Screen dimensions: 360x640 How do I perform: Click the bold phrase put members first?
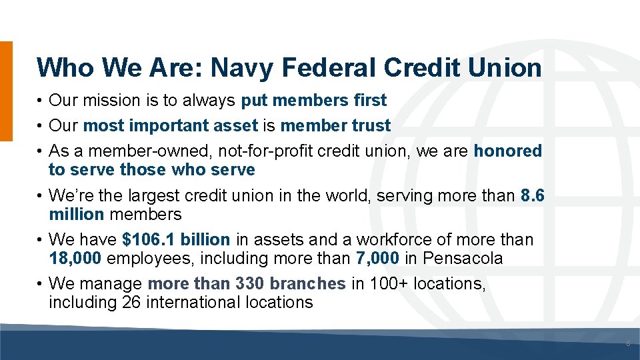tap(313, 101)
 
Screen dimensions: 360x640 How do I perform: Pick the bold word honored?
tap(507, 151)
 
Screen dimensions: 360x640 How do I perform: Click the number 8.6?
tap(532, 196)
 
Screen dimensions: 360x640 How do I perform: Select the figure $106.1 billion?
tap(176, 239)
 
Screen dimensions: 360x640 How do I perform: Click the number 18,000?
tap(75, 258)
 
